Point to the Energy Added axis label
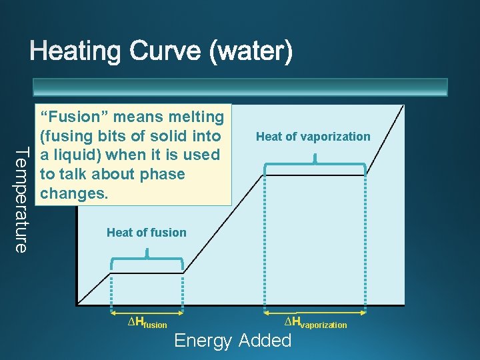point(233,341)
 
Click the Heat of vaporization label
point(313,137)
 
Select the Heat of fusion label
point(147,233)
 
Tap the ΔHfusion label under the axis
point(147,323)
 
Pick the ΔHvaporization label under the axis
point(315,323)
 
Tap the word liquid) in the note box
point(78,155)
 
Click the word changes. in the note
point(71,194)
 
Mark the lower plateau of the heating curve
point(147,271)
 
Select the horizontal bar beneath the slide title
point(240,87)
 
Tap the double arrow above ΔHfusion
point(147,311)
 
